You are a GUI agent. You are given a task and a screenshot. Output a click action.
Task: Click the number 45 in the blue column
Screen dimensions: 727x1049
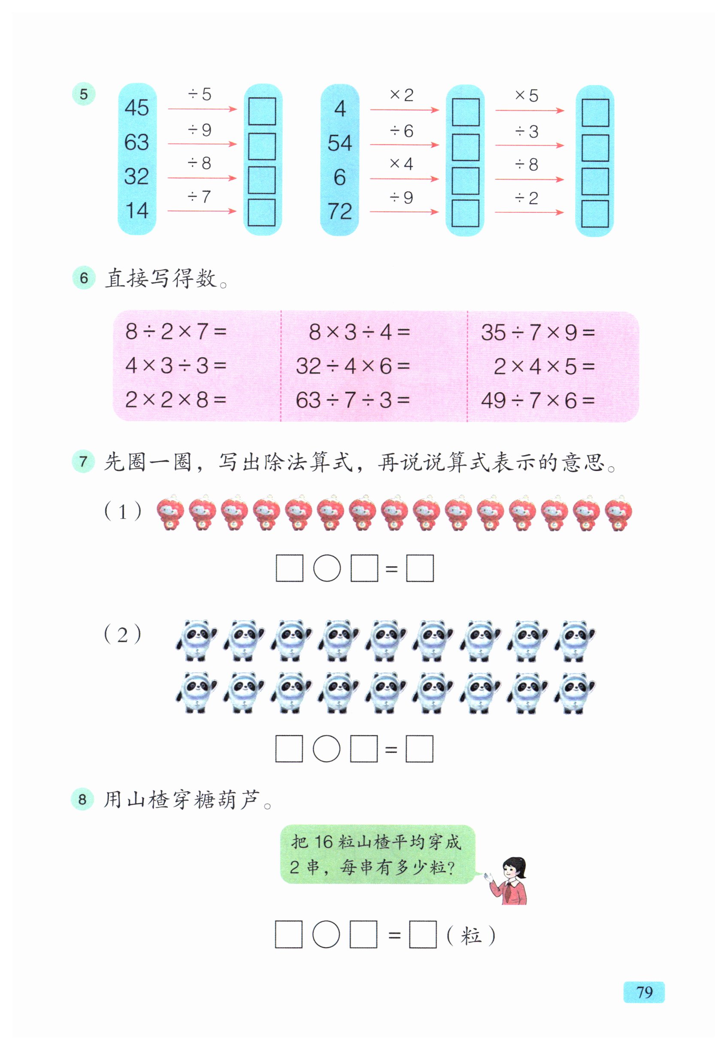click(136, 108)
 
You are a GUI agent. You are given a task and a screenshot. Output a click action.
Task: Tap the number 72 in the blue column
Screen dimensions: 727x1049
click(340, 211)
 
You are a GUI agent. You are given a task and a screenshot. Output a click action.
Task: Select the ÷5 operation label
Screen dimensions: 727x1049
click(200, 94)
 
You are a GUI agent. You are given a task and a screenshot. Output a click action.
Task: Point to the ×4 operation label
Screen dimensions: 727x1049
click(401, 164)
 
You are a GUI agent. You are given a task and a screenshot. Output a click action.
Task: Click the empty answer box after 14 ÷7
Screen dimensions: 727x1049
click(261, 212)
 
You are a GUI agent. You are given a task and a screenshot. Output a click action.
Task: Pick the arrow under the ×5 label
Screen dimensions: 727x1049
click(530, 111)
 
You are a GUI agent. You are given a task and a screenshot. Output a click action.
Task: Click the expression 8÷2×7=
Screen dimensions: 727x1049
click(176, 332)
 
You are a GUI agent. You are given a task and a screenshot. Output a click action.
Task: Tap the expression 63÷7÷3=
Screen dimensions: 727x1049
click(353, 400)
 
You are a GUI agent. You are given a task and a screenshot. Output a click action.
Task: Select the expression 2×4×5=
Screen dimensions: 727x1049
click(544, 366)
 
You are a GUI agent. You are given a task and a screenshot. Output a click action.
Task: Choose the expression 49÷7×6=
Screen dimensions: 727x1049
click(537, 401)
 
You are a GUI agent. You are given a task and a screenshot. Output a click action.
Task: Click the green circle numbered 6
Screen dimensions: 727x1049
click(83, 278)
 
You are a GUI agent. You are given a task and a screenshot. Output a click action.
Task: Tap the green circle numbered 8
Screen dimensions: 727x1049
click(82, 799)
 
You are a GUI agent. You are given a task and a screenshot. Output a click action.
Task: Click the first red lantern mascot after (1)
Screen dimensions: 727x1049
click(170, 513)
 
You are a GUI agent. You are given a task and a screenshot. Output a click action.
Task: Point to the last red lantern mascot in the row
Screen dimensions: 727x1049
click(618, 513)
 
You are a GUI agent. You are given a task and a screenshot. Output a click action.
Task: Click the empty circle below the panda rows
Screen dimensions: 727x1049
click(327, 749)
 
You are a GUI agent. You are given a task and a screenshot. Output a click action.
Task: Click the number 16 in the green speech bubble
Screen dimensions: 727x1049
click(324, 841)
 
